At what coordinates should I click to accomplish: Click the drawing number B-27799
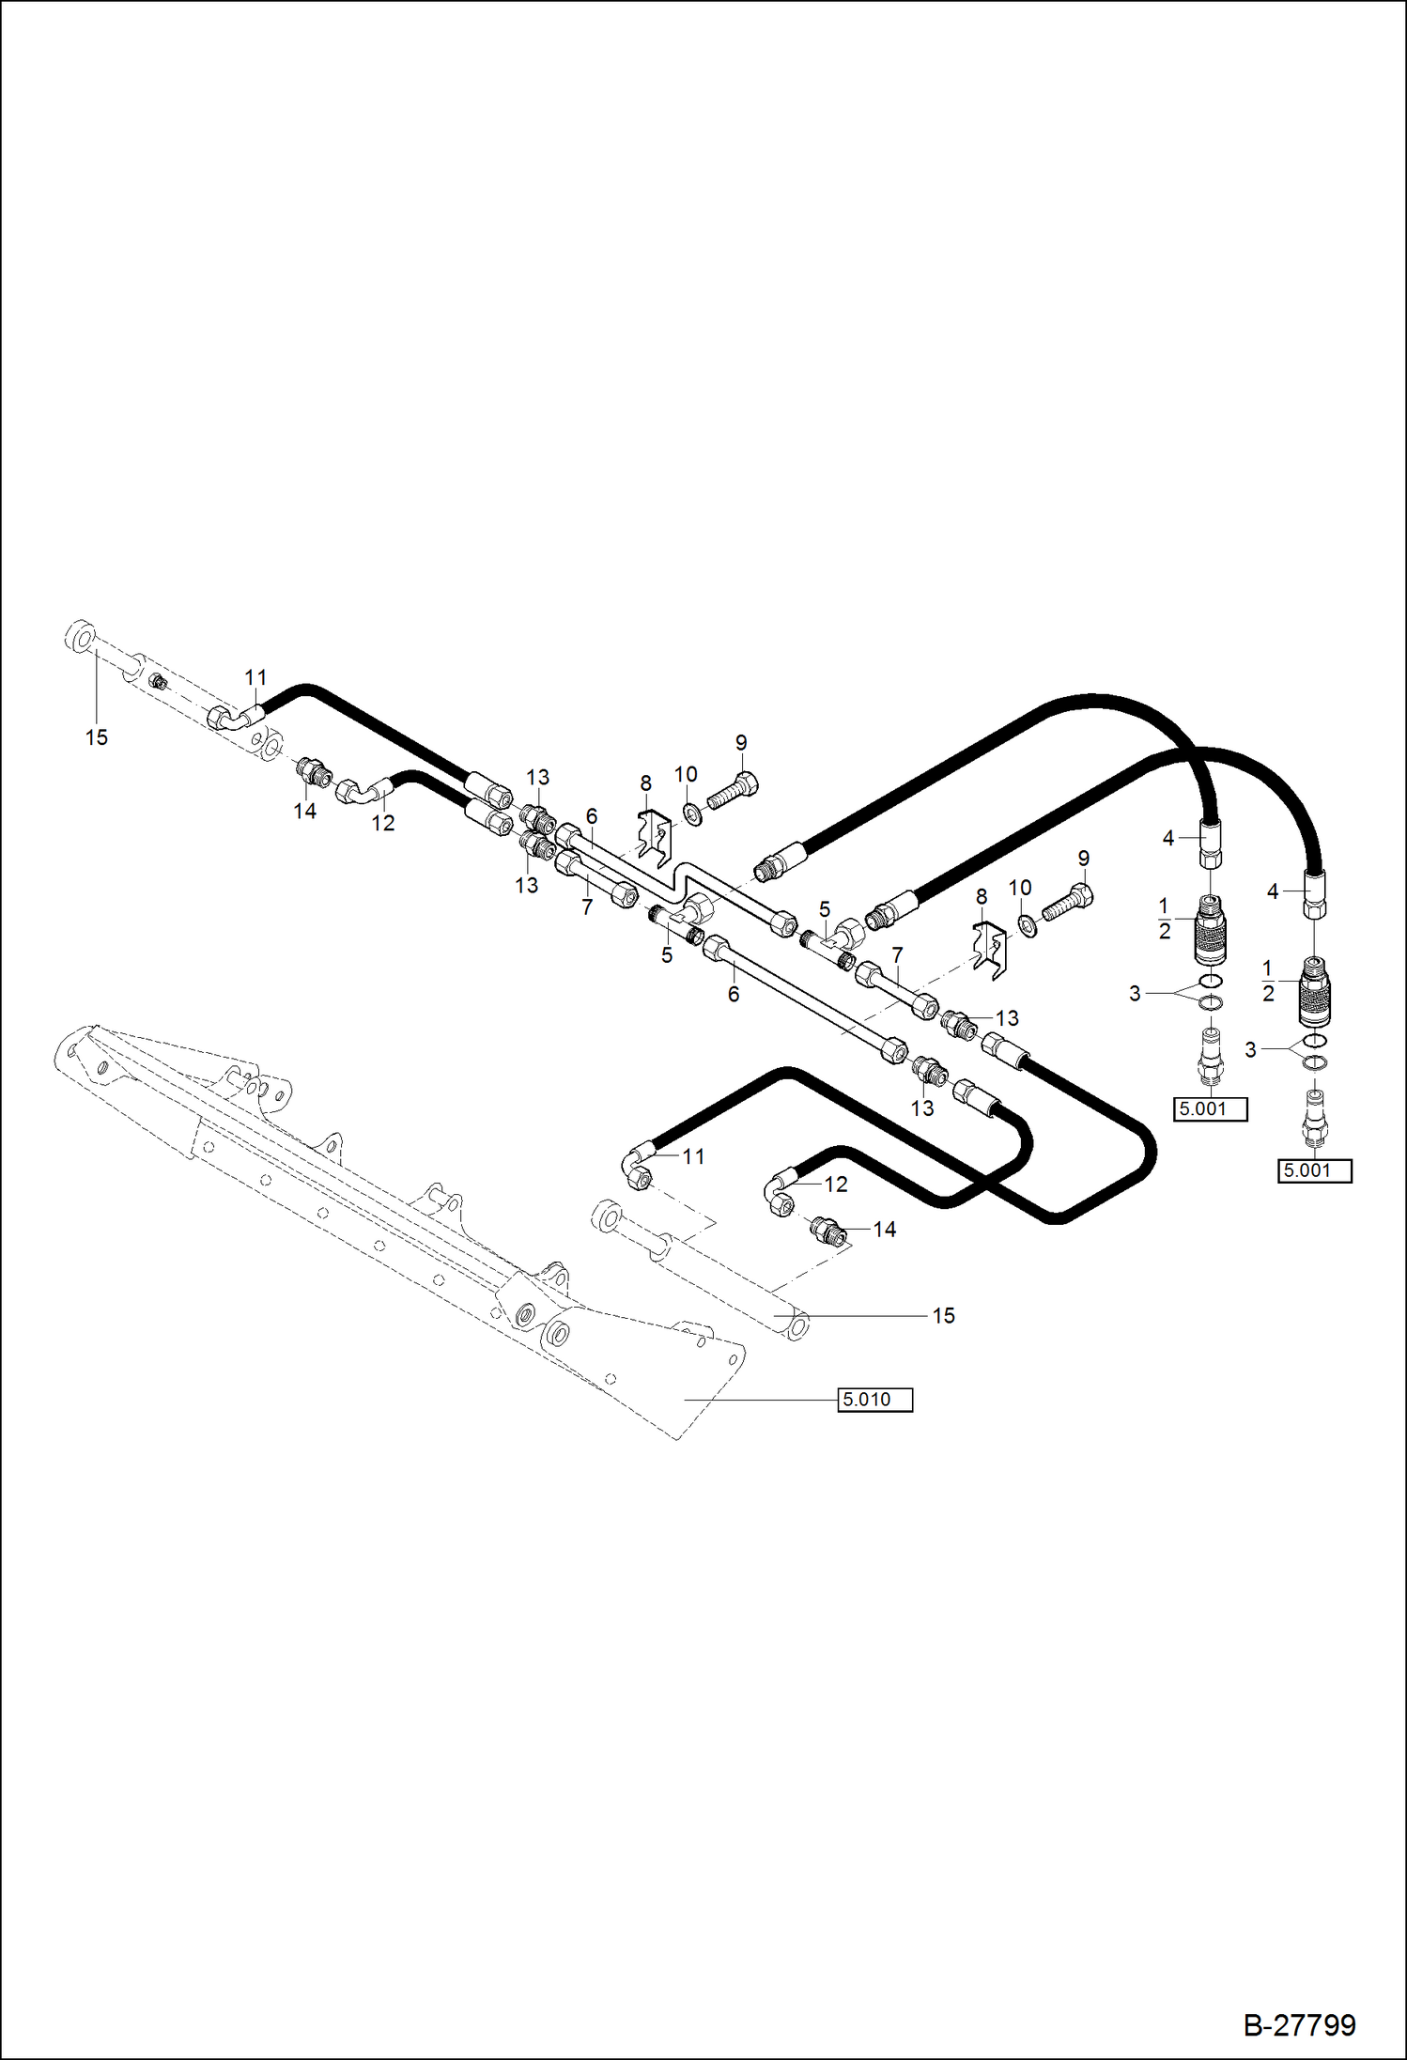1299,2024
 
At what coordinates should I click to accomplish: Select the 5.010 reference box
874,1400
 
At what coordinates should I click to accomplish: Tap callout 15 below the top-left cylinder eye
97,738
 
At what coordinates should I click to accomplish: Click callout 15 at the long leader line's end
943,1316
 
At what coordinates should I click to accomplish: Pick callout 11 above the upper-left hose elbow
255,677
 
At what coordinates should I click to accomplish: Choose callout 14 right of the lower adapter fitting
884,1230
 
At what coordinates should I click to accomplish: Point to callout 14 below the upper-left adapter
304,812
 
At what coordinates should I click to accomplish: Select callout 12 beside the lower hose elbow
835,1185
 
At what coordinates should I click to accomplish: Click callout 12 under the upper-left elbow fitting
383,823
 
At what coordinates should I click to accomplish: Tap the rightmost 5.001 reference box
1314,1171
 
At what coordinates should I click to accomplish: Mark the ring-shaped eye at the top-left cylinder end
81,636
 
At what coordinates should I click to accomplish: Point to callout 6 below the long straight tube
734,994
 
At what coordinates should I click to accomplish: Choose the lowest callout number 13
922,1108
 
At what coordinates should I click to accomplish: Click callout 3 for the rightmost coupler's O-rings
1250,1049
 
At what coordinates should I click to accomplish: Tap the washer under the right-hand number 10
1027,927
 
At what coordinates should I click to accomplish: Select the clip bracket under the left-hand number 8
654,836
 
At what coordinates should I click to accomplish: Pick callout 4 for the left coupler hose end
1168,838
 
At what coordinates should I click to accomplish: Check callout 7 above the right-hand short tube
897,955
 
